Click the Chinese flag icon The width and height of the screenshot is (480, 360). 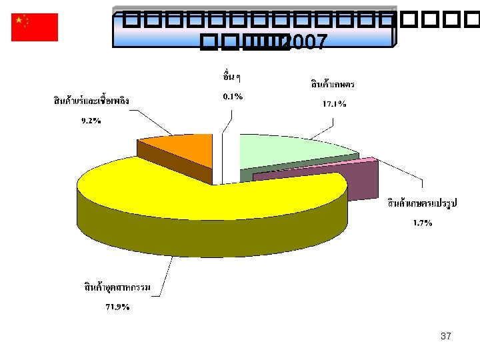point(35,27)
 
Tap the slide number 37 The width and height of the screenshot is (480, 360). point(445,336)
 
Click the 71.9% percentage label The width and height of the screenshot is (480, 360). point(117,307)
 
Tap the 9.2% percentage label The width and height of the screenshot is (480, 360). point(91,121)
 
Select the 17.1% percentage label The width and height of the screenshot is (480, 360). point(334,104)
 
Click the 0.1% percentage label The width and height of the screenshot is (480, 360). point(232,97)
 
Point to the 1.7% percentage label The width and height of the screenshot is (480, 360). point(420,223)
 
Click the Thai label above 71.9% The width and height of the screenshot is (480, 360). point(117,287)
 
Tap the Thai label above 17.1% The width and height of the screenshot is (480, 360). point(333,85)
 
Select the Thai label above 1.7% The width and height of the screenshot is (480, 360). point(421,203)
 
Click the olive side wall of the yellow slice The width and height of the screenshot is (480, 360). point(200,237)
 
